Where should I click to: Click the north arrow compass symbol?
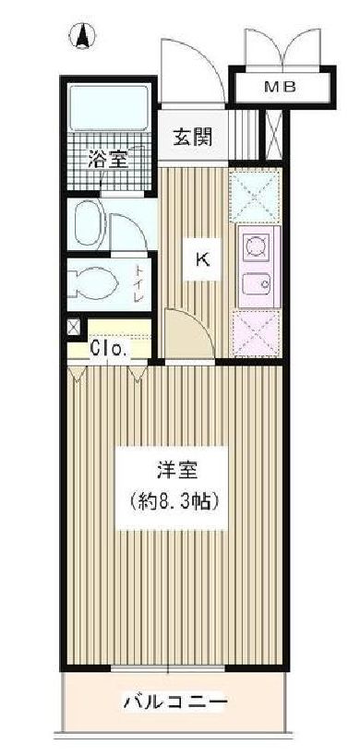click(x=81, y=37)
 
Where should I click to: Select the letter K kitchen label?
click(x=199, y=259)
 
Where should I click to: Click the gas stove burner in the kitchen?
click(x=255, y=246)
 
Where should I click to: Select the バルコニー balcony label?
click(x=174, y=703)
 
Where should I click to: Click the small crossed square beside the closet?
click(x=74, y=328)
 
